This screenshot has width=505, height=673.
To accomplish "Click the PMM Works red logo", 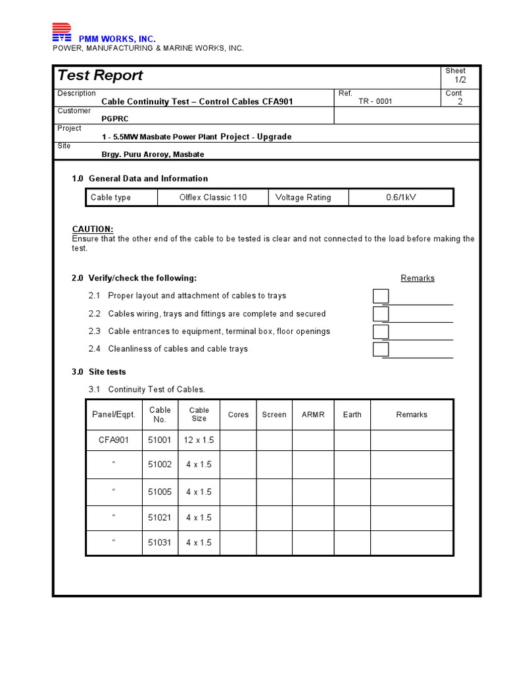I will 62,33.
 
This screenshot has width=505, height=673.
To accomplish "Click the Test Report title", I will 100,76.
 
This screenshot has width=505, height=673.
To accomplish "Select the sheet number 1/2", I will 460,80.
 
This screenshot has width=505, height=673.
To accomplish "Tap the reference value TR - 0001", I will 375,102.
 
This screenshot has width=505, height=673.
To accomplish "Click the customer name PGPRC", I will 115,120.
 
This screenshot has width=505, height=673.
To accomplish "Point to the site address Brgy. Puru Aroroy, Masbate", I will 153,154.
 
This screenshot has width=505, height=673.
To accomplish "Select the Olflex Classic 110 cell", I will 213,198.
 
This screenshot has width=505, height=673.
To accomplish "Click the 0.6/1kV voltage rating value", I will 401,198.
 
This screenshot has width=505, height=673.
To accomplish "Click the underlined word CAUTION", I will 93,229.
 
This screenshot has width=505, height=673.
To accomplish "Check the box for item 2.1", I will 381,296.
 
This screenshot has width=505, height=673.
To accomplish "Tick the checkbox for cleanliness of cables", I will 381,350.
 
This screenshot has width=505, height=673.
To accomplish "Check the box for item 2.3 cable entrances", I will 381,332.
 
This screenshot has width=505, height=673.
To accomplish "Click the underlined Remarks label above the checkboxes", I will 418,279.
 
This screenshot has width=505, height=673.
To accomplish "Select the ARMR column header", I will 313,415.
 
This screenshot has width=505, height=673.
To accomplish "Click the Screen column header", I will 274,415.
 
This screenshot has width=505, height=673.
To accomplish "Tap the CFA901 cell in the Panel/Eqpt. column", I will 114,440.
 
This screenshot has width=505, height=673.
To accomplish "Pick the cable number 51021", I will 159,518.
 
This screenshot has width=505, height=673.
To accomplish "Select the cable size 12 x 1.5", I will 199,440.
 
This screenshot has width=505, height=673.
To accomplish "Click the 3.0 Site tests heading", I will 99,372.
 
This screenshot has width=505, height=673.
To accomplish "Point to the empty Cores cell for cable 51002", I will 238,465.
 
